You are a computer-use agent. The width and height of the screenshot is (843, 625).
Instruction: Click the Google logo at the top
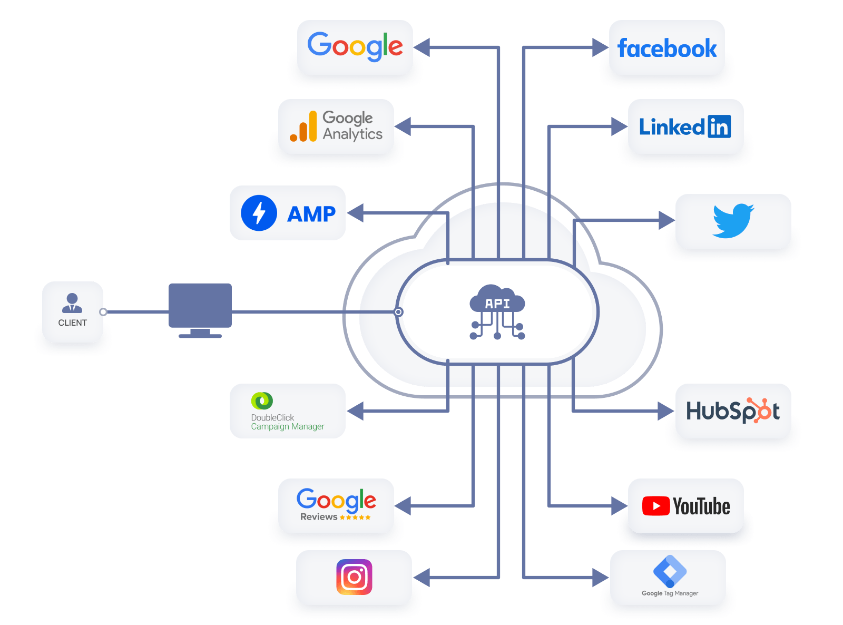coord(355,46)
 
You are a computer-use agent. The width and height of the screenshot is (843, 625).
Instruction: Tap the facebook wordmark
coord(666,48)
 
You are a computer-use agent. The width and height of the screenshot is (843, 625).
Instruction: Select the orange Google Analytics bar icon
coord(303,127)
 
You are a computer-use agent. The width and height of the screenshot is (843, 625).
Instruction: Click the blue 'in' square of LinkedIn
coord(719,126)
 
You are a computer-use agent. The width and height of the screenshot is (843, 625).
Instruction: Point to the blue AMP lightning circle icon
coord(259,213)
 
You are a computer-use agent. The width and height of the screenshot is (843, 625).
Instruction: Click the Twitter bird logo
coord(733,220)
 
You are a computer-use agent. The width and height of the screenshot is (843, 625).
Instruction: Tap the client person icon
coord(72,303)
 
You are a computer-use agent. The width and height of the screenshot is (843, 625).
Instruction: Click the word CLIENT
coord(72,323)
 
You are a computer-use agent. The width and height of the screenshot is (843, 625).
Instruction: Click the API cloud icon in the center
coord(497,311)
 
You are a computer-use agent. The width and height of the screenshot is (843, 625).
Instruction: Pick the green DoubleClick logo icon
coord(262,401)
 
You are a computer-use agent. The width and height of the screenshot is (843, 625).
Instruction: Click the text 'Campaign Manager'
coord(287,426)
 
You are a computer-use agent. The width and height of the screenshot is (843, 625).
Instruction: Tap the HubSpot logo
coord(733,411)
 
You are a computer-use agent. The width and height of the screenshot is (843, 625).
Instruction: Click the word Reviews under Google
coord(319,517)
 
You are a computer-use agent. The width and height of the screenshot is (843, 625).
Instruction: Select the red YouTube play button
coord(655,506)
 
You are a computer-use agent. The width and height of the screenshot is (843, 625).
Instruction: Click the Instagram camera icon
coord(354,577)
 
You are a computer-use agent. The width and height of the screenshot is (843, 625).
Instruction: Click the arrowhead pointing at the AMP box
coord(355,213)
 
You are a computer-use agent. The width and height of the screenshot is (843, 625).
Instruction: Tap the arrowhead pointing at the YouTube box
coord(619,506)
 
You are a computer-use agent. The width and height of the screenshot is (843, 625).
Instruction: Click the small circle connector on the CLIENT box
coord(103,312)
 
